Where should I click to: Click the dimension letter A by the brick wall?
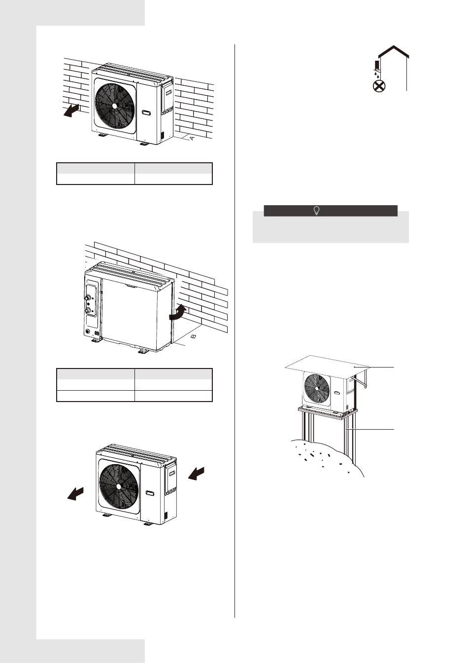point(192,138)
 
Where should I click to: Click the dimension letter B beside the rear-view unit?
point(194,336)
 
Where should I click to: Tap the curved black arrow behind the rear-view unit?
point(178,313)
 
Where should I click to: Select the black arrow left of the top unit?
point(72,111)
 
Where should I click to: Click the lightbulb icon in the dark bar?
point(317,211)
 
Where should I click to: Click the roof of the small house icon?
point(394,51)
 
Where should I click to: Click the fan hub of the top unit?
point(114,106)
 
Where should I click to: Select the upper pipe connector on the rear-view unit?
point(88,298)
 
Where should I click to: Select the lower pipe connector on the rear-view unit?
point(88,310)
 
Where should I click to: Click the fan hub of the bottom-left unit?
point(119,486)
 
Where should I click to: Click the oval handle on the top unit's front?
point(147,113)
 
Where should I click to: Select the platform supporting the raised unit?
point(328,412)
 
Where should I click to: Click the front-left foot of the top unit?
point(102,135)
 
